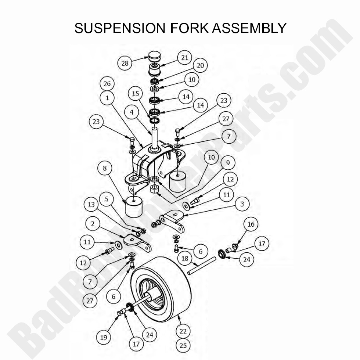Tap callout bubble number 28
pyautogui.click(x=125, y=63)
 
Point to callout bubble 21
pyautogui.click(x=185, y=58)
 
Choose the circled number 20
pyautogui.click(x=200, y=65)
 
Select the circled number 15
pyautogui.click(x=136, y=94)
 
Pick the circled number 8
pyautogui.click(x=105, y=169)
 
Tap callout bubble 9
pyautogui.click(x=228, y=162)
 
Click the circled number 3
pyautogui.click(x=242, y=204)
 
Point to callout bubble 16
pyautogui.click(x=252, y=224)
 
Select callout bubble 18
pyautogui.click(x=185, y=258)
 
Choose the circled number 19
pyautogui.click(x=104, y=337)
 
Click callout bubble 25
pyautogui.click(x=183, y=345)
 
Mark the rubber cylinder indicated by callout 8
pyautogui.click(x=134, y=208)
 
